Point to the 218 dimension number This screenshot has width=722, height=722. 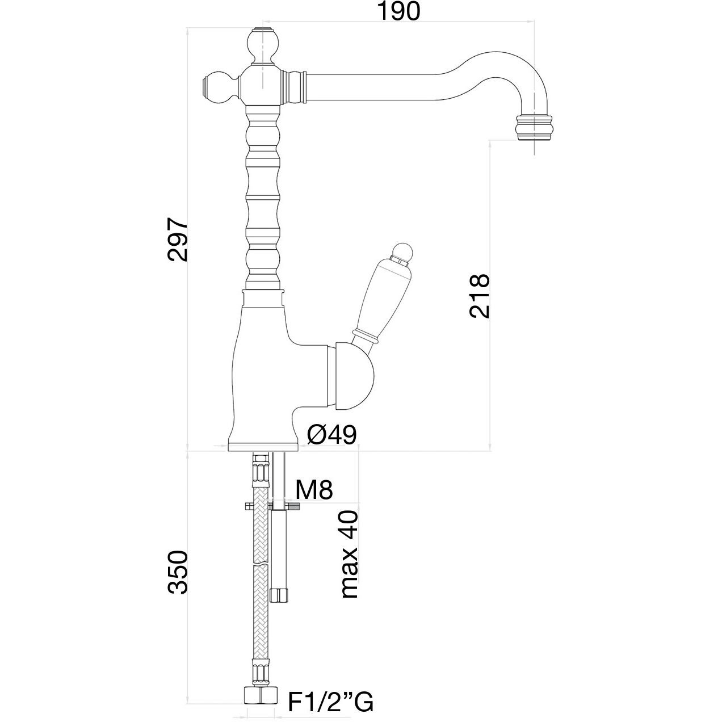click(x=478, y=295)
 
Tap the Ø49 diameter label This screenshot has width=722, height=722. click(x=331, y=435)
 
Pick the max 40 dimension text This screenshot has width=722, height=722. click(x=349, y=553)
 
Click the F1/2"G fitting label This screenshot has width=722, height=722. click(x=330, y=702)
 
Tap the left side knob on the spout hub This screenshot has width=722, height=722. click(x=219, y=88)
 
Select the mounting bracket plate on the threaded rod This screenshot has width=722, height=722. click(x=271, y=506)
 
